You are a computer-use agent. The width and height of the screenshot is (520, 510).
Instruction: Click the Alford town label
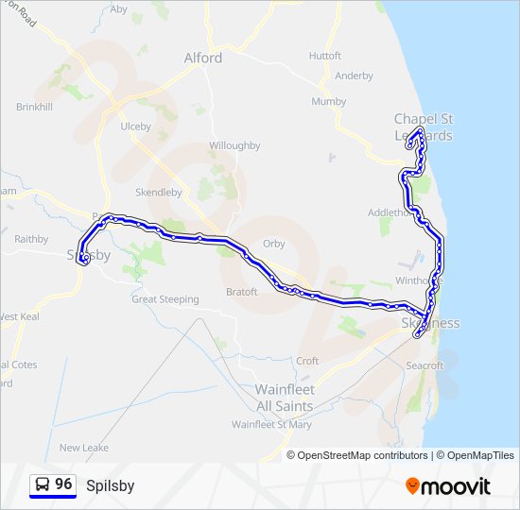click(202, 58)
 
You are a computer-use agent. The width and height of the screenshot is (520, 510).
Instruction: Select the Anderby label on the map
click(354, 76)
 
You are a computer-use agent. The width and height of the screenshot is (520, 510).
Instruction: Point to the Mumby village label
click(329, 101)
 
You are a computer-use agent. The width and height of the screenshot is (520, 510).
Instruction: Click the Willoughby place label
click(234, 145)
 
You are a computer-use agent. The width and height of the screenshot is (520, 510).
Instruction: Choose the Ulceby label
click(135, 126)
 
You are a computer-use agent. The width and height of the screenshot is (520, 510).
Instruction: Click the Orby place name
click(273, 243)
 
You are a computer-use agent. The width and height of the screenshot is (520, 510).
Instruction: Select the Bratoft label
click(241, 292)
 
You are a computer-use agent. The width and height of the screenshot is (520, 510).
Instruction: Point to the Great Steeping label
click(165, 299)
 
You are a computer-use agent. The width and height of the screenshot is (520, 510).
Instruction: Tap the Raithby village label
click(31, 239)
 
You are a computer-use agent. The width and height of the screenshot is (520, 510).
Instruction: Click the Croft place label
click(307, 361)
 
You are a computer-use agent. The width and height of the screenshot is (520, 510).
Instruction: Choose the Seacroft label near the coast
click(424, 365)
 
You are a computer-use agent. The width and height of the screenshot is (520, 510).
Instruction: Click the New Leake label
click(84, 448)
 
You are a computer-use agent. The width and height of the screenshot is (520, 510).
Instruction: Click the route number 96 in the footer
click(63, 484)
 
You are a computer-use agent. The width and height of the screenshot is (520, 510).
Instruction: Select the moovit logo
click(448, 486)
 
